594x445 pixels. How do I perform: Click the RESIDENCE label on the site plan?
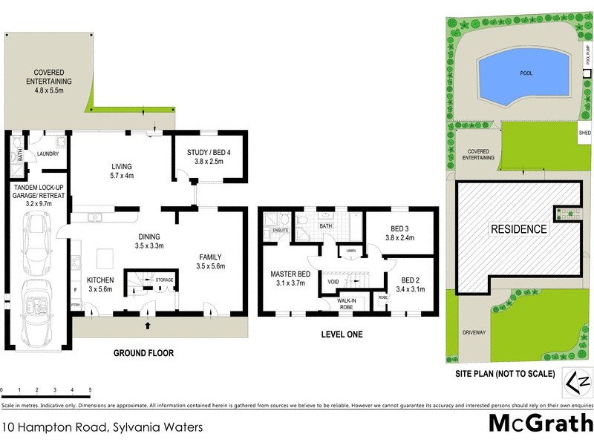518,229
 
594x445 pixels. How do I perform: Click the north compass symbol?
578,382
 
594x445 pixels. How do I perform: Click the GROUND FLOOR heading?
143,353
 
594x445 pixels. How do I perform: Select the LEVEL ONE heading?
342,335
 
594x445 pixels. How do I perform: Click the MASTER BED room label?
290,274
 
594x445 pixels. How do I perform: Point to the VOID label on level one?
333,282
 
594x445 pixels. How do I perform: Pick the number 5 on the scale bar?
90,389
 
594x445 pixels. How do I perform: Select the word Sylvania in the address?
139,427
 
